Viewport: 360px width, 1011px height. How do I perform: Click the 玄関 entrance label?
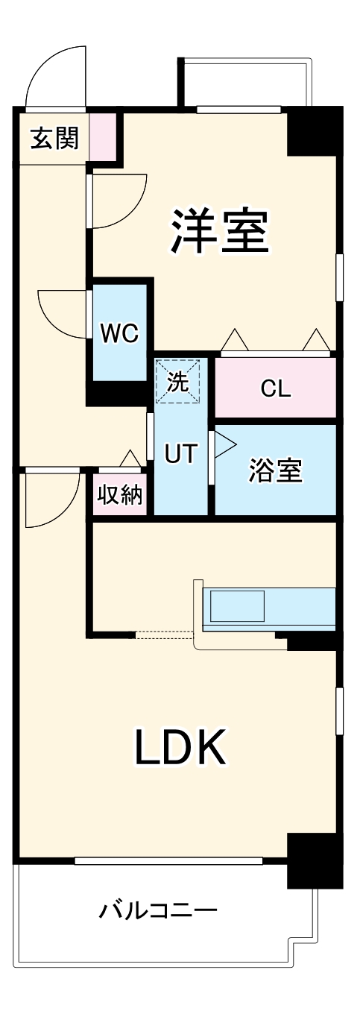[54, 138]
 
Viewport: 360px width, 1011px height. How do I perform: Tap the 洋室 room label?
[220, 230]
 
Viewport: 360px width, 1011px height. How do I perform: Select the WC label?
[119, 333]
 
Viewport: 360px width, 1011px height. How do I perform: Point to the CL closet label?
[276, 388]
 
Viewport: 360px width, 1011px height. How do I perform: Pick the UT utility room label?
[181, 453]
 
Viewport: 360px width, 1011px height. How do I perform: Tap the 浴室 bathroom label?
[275, 470]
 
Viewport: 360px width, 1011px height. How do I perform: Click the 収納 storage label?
[120, 494]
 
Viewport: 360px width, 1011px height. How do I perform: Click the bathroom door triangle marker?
[224, 445]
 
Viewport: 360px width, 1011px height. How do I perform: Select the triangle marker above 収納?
[130, 459]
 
